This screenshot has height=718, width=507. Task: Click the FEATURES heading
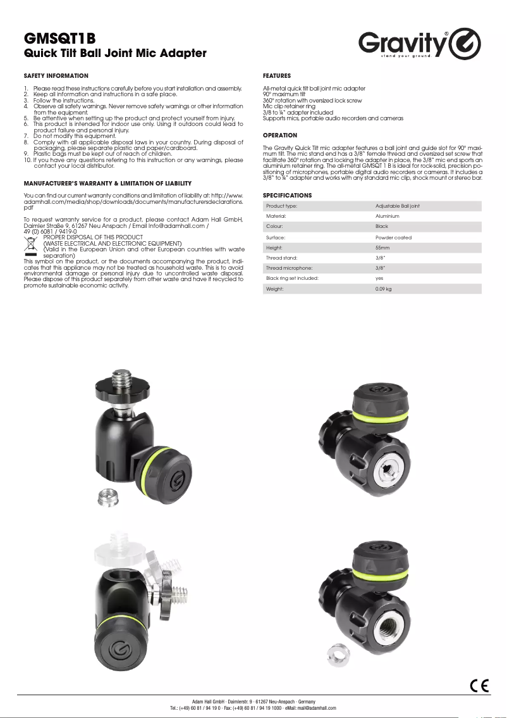tap(277, 75)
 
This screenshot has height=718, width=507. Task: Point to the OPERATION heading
tap(280, 135)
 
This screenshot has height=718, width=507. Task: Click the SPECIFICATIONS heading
tap(287, 195)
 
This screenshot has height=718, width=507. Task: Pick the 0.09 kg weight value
tap(384, 289)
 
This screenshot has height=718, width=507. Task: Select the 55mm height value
tap(383, 248)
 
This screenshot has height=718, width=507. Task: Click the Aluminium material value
tap(388, 216)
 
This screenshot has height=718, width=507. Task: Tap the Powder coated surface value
tap(393, 237)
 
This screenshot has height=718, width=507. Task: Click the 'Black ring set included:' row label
tap(292, 278)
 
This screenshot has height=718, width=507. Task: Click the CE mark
tap(479, 685)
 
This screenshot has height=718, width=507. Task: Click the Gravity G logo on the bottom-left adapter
tap(118, 650)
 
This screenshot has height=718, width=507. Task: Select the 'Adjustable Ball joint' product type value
tap(397, 206)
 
